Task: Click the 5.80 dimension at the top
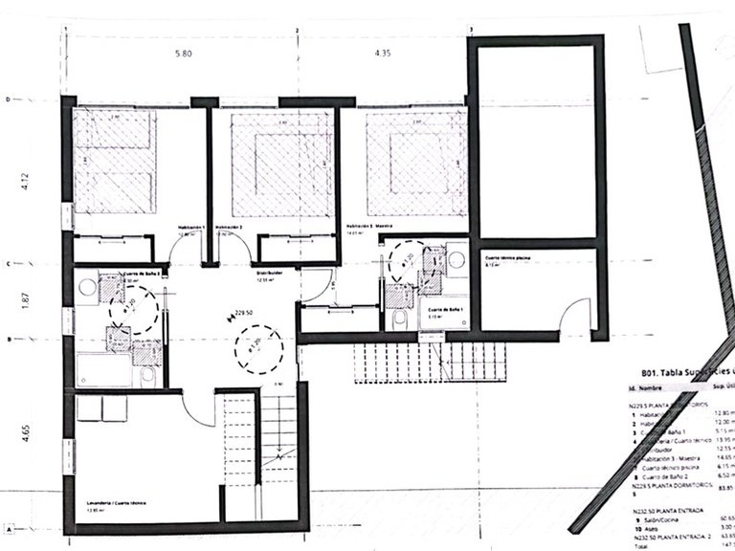coord(184,55)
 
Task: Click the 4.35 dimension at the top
coord(385,55)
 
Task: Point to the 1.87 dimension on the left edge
coord(26,302)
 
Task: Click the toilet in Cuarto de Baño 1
coord(399,318)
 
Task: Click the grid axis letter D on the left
coord(8,99)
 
